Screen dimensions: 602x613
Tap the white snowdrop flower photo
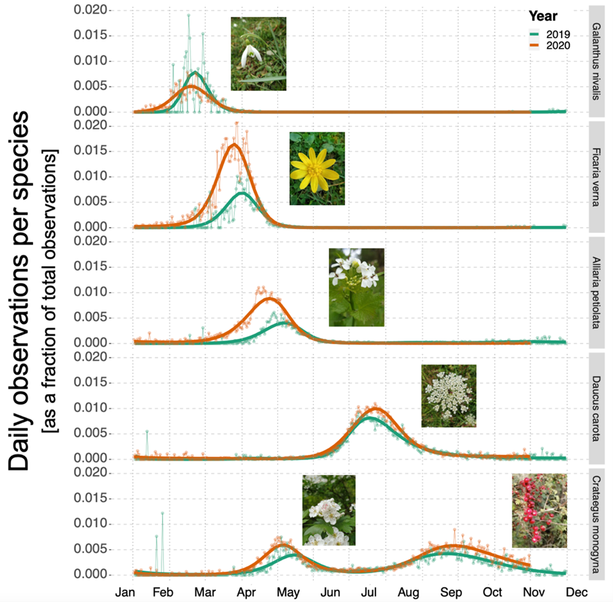pyautogui.click(x=258, y=54)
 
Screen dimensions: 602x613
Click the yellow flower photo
pyautogui.click(x=317, y=168)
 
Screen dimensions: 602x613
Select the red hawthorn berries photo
pyautogui.click(x=539, y=511)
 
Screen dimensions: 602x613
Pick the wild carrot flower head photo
pyautogui.click(x=449, y=396)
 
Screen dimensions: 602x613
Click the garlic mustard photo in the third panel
pyautogui.click(x=357, y=287)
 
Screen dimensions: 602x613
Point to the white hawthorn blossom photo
pyautogui.click(x=329, y=510)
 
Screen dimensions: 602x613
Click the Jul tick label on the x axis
pyautogui.click(x=369, y=593)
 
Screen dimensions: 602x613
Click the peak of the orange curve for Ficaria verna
pyautogui.click(x=234, y=145)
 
